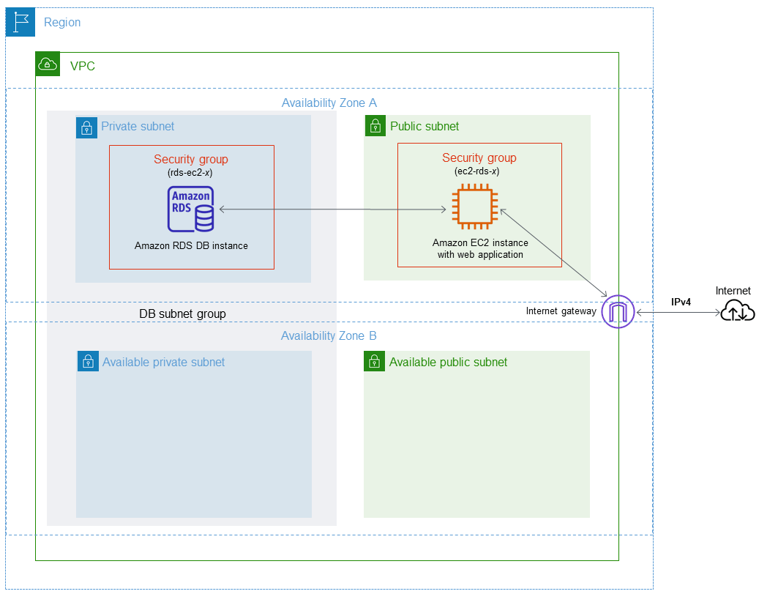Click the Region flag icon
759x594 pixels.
20,22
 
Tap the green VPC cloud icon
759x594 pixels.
48,64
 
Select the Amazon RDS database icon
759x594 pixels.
191,209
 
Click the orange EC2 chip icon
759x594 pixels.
474,209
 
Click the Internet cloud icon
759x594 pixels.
737,312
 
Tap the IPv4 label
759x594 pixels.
681,301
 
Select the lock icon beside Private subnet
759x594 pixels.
87,127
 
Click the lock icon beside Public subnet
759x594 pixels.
375,126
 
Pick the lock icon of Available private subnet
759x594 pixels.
88,361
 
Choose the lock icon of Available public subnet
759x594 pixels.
375,361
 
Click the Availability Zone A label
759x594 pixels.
329,103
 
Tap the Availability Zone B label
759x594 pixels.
329,336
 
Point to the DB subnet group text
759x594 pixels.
182,313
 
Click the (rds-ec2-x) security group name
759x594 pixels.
191,173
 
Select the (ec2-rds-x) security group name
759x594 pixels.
479,171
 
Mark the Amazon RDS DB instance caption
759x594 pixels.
191,246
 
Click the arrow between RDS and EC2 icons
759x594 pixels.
333,210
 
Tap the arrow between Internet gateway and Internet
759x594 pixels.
677,313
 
